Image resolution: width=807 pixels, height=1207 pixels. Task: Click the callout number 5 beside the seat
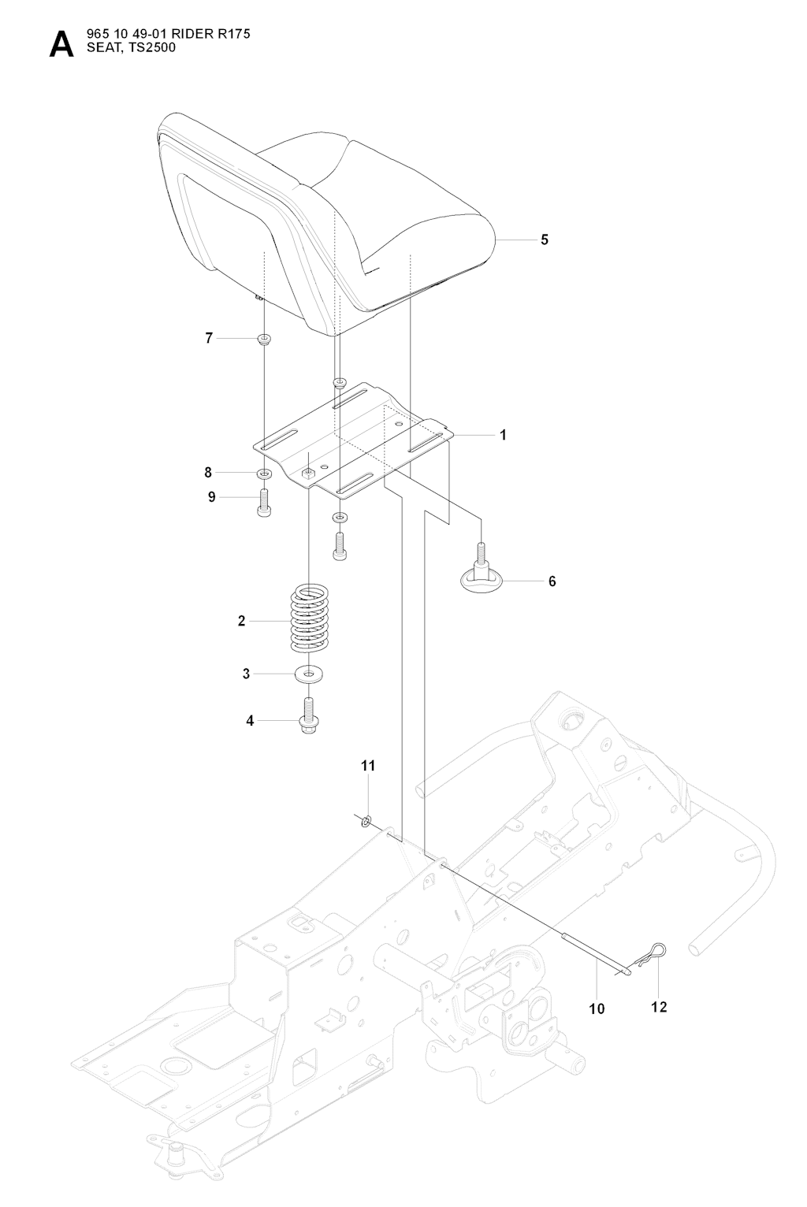click(x=545, y=240)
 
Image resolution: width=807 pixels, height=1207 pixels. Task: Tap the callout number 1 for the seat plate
click(x=504, y=435)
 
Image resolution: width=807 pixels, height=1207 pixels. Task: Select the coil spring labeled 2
click(x=309, y=619)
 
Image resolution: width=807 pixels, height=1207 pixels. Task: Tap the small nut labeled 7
click(x=263, y=340)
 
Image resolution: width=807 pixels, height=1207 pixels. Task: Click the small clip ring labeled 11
click(x=366, y=822)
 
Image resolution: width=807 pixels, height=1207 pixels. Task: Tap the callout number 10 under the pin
click(x=597, y=1008)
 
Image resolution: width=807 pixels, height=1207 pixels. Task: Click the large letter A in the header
click(x=61, y=46)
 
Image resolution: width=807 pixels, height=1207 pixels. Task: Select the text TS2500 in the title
click(x=149, y=47)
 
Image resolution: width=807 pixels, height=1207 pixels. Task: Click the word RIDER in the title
click(x=182, y=35)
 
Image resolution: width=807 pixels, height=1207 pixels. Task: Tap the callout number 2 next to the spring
click(x=241, y=621)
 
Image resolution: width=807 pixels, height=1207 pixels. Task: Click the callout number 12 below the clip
click(x=659, y=1006)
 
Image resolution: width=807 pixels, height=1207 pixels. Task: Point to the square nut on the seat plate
click(x=309, y=474)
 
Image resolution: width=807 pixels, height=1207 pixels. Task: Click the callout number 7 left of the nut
click(x=209, y=338)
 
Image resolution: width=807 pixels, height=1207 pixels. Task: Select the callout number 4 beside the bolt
click(x=251, y=720)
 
